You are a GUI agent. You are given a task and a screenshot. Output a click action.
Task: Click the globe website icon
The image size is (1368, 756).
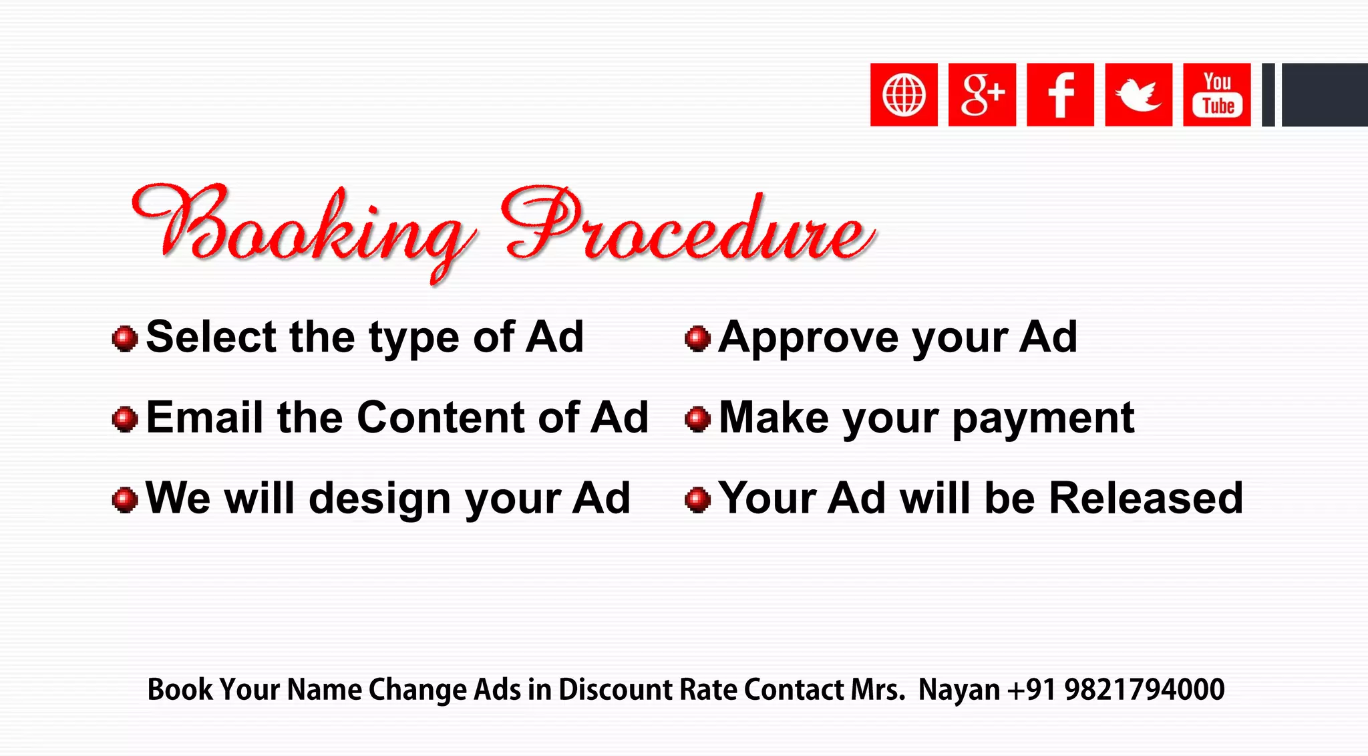pos(904,95)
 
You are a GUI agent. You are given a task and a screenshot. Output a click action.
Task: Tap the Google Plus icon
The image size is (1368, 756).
pos(982,95)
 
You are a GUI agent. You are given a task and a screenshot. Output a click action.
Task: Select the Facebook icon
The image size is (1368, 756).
pos(1060,95)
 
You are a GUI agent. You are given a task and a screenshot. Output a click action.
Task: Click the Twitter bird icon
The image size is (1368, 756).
pos(1138,95)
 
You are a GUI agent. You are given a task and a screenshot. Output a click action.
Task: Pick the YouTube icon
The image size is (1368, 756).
pos(1216,95)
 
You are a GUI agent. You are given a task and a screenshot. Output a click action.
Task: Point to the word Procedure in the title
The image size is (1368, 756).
pos(688,227)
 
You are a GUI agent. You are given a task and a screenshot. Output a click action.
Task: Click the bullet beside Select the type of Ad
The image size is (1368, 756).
pos(125,338)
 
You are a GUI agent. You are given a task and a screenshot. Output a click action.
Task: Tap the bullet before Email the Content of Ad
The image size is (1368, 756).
pos(125,419)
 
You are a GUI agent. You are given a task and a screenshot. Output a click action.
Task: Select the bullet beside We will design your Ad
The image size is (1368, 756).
pos(125,499)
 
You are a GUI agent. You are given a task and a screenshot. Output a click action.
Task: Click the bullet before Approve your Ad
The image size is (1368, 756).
pos(697,338)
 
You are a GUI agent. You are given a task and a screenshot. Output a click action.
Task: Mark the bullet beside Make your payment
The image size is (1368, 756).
pos(697,419)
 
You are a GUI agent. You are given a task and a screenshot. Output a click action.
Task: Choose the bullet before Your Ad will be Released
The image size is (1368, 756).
pos(697,499)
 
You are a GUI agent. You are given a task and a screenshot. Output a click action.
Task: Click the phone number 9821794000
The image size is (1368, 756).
pos(1144,690)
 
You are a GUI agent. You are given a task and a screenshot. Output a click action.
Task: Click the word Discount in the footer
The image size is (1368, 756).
pos(615,690)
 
